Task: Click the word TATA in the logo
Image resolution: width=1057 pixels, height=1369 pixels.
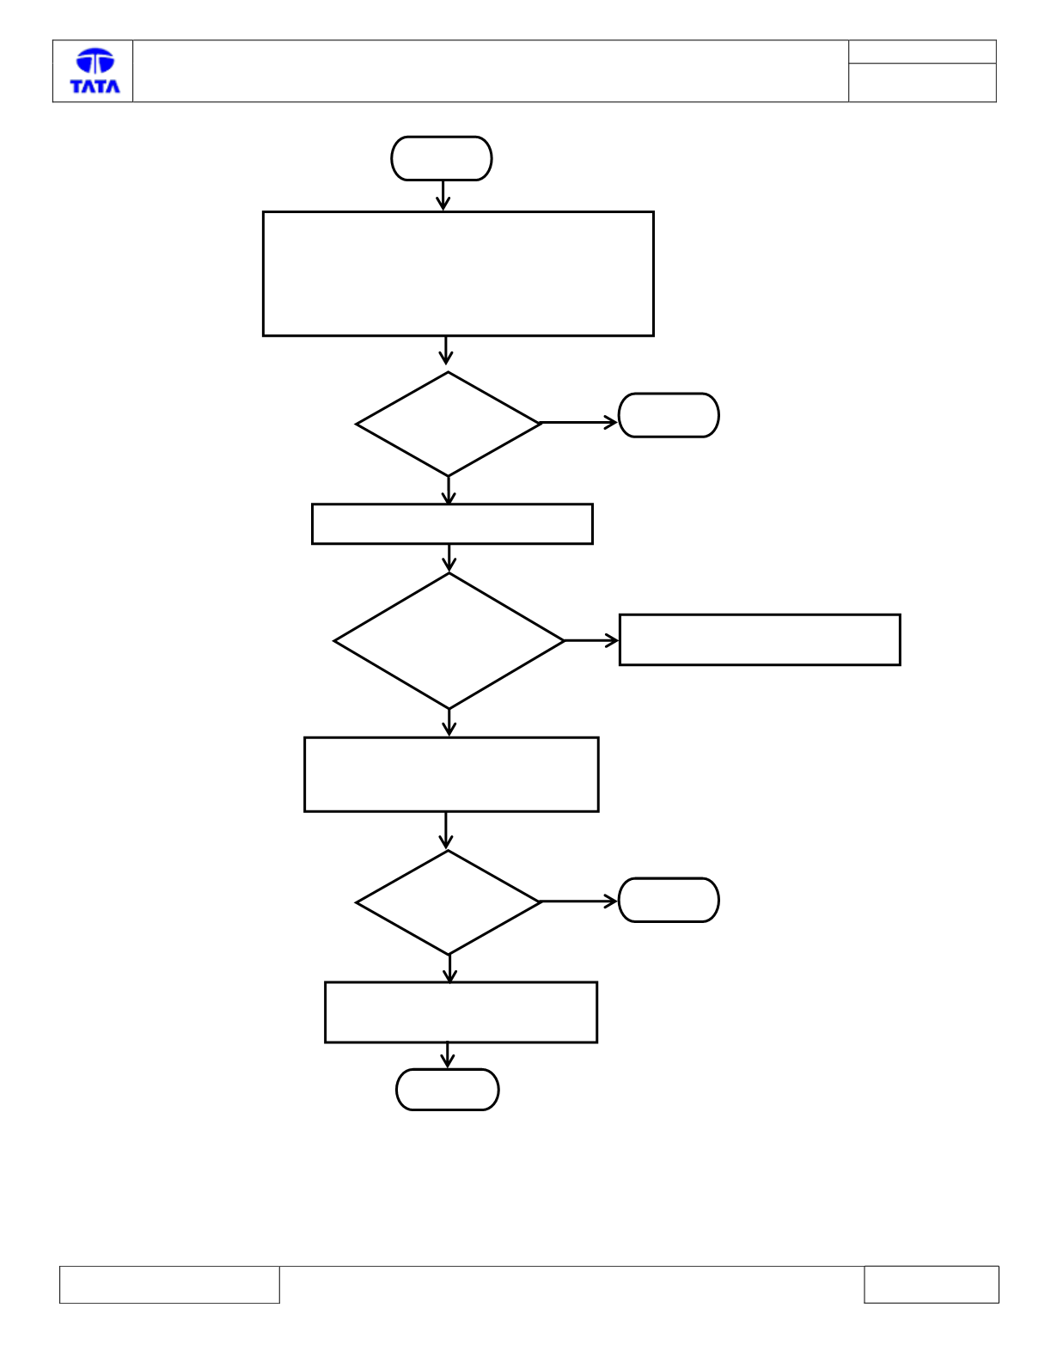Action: point(95,86)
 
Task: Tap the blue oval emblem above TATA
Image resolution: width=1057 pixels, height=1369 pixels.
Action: point(95,60)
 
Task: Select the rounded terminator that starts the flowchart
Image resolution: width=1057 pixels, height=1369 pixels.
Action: point(442,158)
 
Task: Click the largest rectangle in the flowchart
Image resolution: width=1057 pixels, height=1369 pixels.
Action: point(458,273)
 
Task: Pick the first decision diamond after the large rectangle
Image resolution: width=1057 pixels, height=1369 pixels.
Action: point(448,424)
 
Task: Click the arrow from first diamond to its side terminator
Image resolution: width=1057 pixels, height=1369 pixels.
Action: point(578,423)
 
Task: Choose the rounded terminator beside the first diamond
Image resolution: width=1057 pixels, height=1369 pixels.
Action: point(669,415)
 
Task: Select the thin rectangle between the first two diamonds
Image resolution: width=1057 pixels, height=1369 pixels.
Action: point(452,523)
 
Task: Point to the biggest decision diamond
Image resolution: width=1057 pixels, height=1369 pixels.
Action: point(449,641)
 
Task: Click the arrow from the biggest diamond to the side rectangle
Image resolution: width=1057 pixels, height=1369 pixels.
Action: point(591,641)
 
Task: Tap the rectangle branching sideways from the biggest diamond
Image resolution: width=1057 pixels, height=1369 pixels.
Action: point(760,639)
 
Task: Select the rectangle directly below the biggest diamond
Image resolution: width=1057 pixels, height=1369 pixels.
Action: point(451,774)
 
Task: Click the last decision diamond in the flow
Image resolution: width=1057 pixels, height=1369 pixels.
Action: point(448,902)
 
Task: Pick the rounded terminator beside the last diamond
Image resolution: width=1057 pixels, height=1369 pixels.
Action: point(669,900)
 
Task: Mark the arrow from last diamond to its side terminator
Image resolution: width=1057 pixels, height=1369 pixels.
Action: point(578,901)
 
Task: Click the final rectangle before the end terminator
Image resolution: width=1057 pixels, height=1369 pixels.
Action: point(461,1012)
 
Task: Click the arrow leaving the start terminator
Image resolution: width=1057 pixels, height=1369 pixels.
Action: point(443,195)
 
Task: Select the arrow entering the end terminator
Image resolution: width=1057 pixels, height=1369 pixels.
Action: point(447,1055)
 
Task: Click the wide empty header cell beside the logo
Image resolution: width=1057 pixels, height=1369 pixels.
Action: point(491,71)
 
